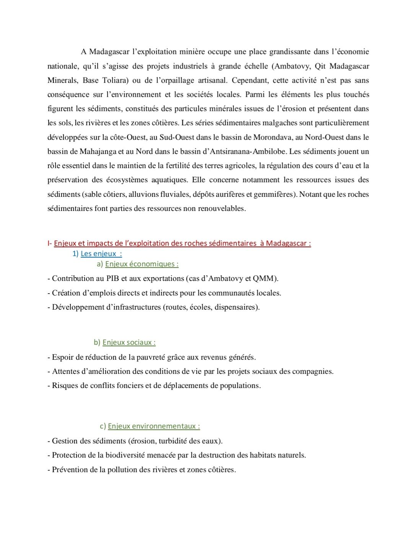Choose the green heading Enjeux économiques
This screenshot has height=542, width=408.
coord(141,264)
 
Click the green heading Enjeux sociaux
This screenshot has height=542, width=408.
coord(129,342)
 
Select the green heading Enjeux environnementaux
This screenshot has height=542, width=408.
coord(154,426)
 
